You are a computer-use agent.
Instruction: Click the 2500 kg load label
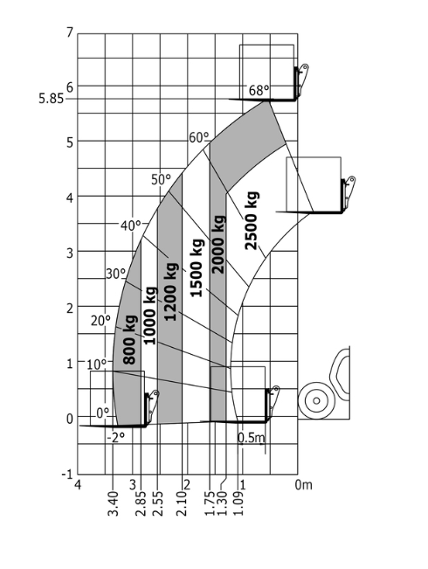[x=252, y=220]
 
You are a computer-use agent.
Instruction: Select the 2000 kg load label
[x=218, y=244]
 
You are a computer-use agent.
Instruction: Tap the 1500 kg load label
[x=197, y=267]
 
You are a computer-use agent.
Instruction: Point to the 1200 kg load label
[x=170, y=291]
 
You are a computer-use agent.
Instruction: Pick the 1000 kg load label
[x=150, y=316]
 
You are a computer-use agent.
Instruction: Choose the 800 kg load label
[x=130, y=340]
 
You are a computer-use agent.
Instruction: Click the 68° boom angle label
[x=259, y=90]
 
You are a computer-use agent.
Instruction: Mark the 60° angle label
[x=199, y=137]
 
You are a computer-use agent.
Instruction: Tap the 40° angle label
[x=130, y=226]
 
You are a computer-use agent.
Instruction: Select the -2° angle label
[x=115, y=438]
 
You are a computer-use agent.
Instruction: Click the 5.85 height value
[x=51, y=99]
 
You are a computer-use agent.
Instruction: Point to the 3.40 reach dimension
[x=114, y=503]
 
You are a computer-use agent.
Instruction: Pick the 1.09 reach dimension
[x=238, y=503]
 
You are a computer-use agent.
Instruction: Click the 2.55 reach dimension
[x=158, y=503]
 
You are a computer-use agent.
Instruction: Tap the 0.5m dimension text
[x=252, y=438]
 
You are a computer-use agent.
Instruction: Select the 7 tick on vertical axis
[x=70, y=32]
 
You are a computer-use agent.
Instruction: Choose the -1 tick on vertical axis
[x=67, y=474]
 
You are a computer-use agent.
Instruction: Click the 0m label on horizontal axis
[x=303, y=484]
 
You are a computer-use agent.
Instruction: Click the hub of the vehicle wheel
[x=316, y=400]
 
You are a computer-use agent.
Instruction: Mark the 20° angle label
[x=100, y=321]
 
